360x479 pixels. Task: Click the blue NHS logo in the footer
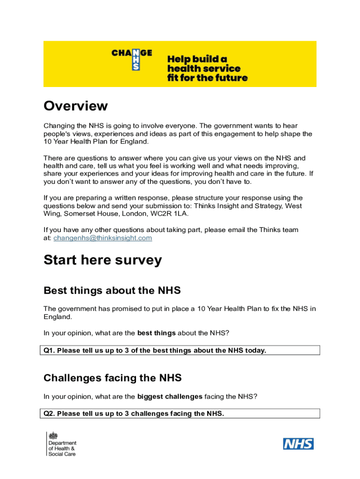click(298, 444)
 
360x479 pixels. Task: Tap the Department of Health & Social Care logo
click(61, 443)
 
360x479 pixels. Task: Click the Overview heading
click(75, 106)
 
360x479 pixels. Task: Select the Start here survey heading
click(102, 260)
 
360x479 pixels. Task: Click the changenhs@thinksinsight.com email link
click(102, 238)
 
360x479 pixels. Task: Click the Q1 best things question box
click(181, 350)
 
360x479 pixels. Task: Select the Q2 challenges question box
click(181, 414)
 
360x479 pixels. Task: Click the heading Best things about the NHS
click(112, 290)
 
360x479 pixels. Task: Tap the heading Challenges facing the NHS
click(112, 377)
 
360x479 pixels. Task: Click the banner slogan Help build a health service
click(207, 68)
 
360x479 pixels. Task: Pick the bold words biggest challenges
click(170, 397)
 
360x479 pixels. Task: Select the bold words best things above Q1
click(156, 333)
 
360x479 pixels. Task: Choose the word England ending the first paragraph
click(134, 141)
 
